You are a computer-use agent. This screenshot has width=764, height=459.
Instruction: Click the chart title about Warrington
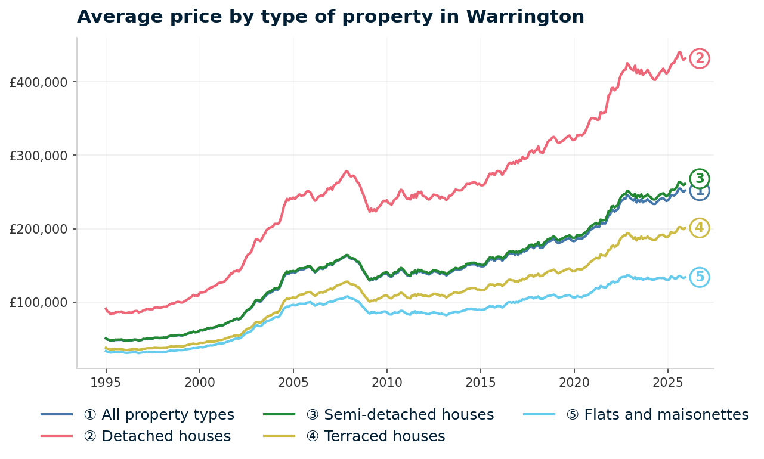[330, 17]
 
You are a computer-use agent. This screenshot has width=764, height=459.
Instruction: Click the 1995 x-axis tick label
[106, 382]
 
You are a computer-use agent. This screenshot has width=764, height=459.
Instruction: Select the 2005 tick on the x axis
[293, 382]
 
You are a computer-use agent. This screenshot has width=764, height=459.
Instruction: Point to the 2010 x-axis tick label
[386, 382]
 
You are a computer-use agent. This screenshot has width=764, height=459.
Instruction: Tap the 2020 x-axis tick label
[574, 382]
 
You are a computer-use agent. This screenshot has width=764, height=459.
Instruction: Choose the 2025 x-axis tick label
[667, 382]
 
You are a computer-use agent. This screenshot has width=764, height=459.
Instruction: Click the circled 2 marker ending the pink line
[700, 58]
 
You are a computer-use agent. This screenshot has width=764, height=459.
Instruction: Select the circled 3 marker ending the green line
[700, 178]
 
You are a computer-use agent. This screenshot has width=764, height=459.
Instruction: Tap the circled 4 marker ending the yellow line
[700, 228]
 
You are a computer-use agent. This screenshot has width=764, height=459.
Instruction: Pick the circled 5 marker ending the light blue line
[700, 277]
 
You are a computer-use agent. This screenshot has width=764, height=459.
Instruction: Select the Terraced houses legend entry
[375, 436]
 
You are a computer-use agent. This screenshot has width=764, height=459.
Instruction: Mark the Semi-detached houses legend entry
[400, 415]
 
